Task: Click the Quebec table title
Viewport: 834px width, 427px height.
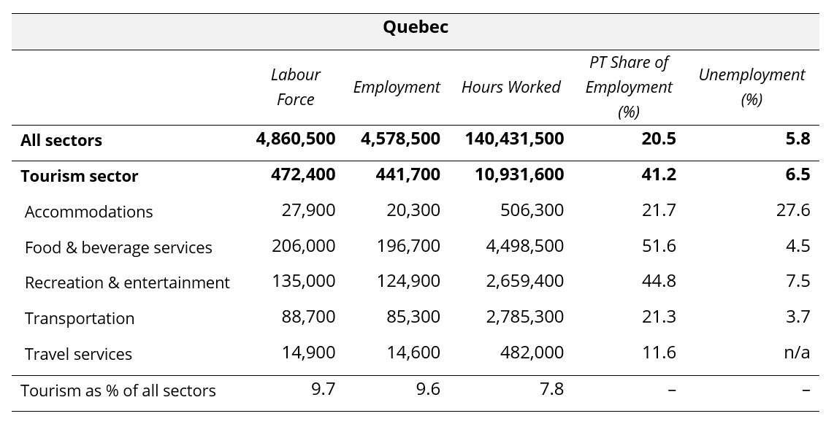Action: (x=416, y=28)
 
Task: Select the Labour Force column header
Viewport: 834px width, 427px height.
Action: (x=295, y=87)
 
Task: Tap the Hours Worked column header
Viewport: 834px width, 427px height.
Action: (x=510, y=87)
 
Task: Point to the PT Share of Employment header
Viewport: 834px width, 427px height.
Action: (x=628, y=87)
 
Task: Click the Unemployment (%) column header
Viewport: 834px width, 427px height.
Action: (x=751, y=87)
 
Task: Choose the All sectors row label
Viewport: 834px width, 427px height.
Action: (x=61, y=140)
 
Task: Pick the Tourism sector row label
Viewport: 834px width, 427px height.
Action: (x=79, y=176)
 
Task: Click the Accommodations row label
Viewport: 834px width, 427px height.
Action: (x=88, y=212)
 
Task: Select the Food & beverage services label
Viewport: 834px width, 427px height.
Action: (x=118, y=247)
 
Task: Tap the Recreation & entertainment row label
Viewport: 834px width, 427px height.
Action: (x=127, y=282)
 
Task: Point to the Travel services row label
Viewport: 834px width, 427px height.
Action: (x=78, y=354)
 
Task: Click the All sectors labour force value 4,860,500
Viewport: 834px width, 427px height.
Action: (x=296, y=139)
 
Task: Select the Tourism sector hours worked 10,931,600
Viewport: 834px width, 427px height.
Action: (x=514, y=174)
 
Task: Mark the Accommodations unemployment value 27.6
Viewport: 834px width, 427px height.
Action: (x=794, y=210)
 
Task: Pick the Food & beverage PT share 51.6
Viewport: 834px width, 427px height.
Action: (x=659, y=246)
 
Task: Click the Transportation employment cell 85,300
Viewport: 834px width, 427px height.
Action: (x=413, y=317)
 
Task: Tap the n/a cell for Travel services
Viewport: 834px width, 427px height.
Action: (x=796, y=353)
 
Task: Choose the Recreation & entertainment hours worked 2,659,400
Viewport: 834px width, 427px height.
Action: (x=525, y=281)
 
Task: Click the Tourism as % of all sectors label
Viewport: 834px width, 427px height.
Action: (x=118, y=391)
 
